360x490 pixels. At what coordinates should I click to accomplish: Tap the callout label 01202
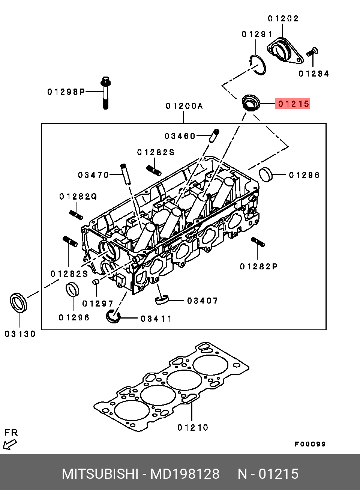click(x=283, y=19)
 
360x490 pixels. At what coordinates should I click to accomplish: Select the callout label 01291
click(x=257, y=34)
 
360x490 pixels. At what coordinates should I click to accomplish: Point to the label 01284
click(x=313, y=74)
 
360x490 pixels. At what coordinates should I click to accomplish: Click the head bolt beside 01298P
click(x=106, y=93)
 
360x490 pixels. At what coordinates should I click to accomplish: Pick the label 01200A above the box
click(x=184, y=106)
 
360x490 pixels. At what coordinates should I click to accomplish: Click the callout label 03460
click(x=180, y=136)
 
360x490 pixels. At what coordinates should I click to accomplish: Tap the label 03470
click(x=93, y=175)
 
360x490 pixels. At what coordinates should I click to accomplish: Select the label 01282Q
click(x=78, y=197)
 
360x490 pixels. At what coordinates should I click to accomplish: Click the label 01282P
click(x=259, y=266)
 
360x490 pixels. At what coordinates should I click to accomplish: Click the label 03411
click(x=156, y=319)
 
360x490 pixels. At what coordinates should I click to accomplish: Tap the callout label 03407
click(x=202, y=301)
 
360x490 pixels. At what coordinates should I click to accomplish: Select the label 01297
click(x=97, y=304)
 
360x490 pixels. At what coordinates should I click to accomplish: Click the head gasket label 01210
click(x=193, y=428)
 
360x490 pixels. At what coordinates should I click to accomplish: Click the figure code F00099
click(x=310, y=444)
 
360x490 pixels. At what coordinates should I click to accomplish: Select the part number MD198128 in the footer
click(x=185, y=474)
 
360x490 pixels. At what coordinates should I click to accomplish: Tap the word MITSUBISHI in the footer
click(x=100, y=474)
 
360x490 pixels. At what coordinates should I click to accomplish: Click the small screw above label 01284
click(x=312, y=52)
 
